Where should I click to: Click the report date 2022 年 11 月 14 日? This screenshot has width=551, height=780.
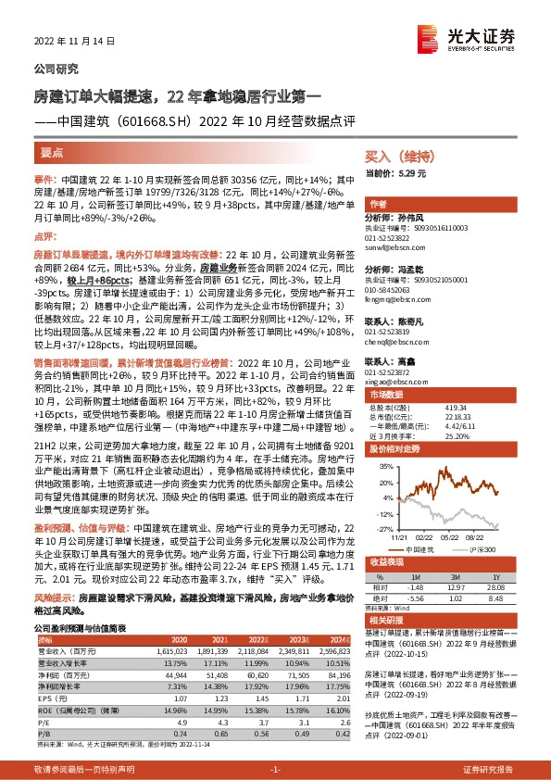pos(69,43)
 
